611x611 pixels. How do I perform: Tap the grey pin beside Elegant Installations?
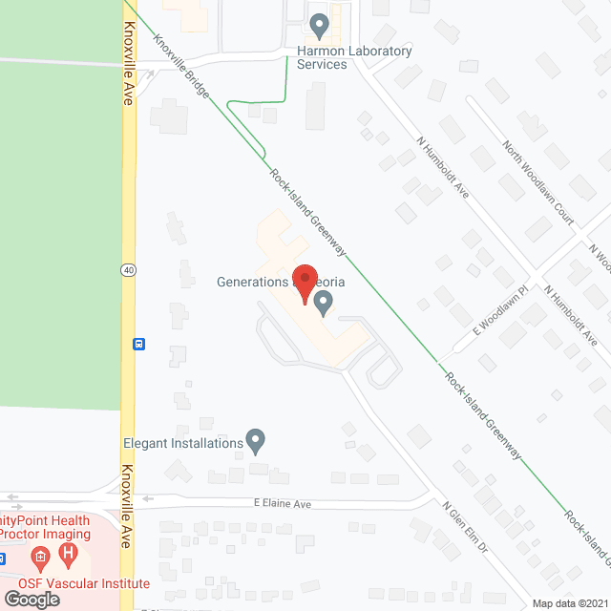tap(255, 440)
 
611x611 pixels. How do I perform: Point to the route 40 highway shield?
tap(128, 271)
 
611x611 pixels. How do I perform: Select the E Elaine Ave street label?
tap(284, 503)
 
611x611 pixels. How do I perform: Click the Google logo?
tap(32, 599)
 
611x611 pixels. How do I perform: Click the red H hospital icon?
tap(68, 554)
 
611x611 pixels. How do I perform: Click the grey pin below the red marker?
tap(323, 304)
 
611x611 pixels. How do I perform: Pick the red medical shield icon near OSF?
tap(39, 556)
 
